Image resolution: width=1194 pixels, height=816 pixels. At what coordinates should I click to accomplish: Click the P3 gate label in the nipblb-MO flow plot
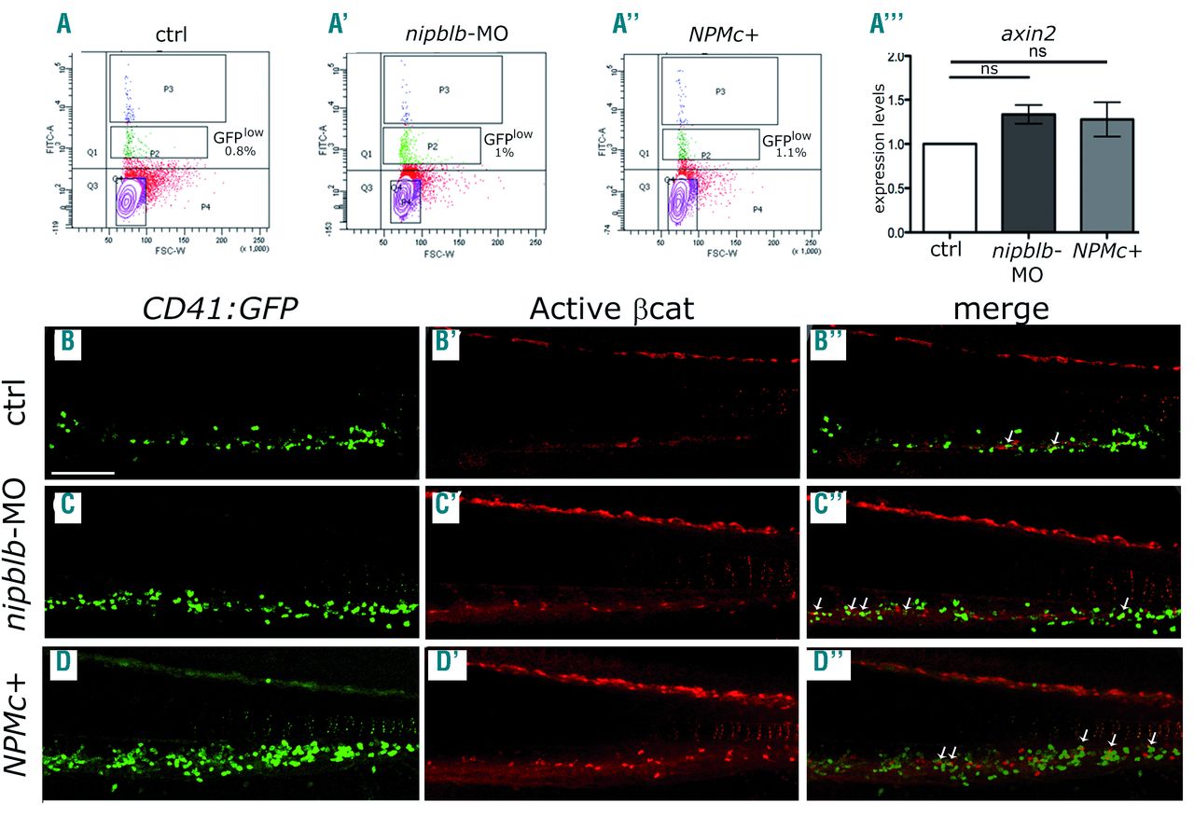443,90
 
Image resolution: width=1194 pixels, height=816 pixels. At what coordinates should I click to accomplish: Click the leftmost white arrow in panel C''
818,605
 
